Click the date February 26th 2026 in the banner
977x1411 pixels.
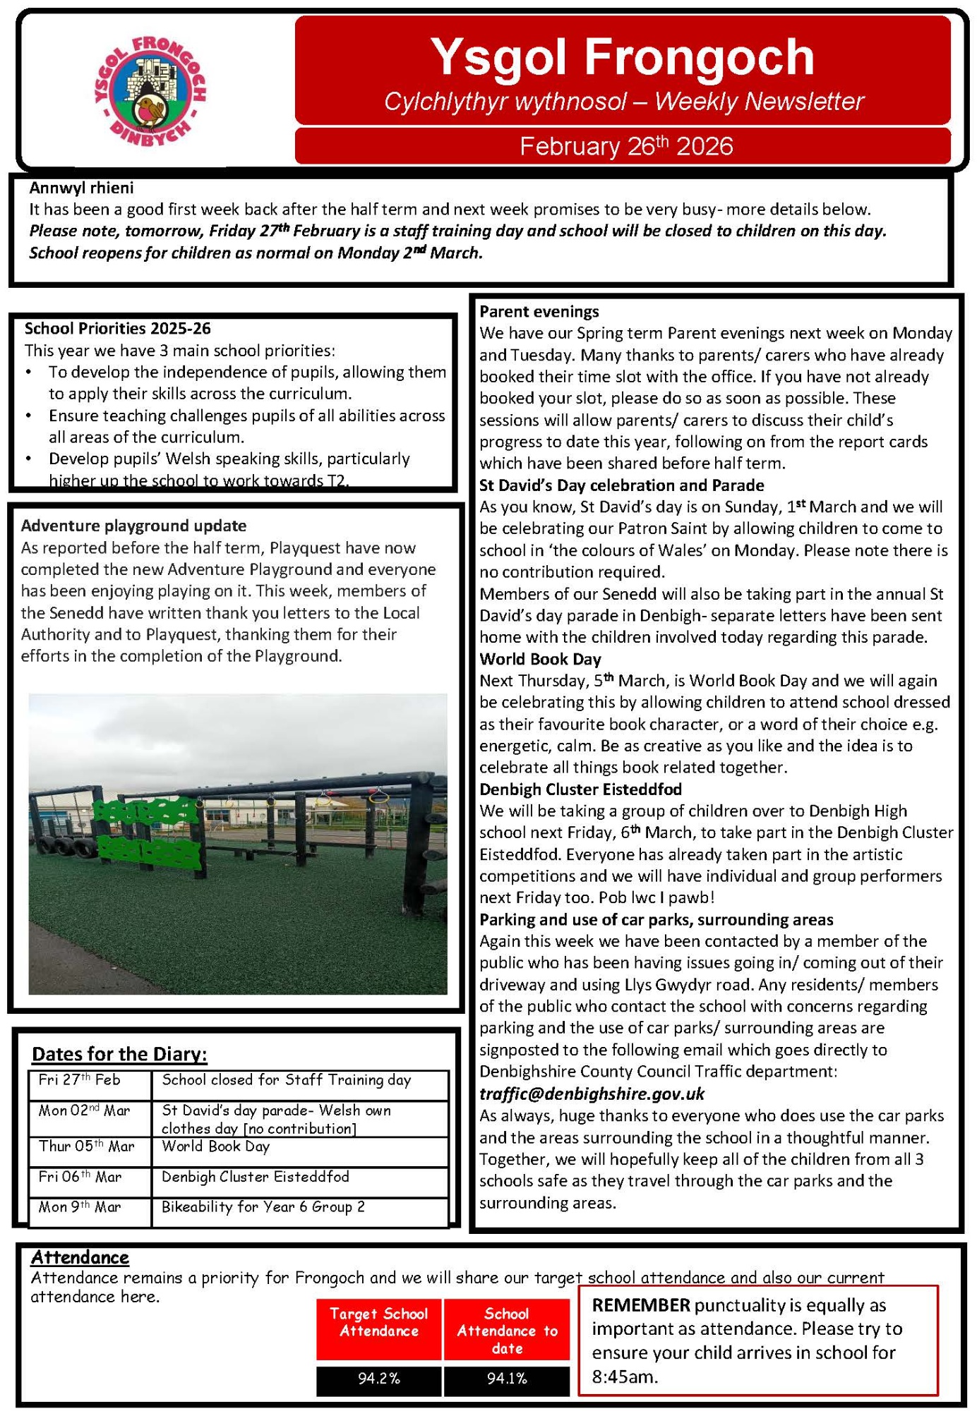click(625, 146)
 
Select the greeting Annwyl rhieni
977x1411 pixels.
click(81, 188)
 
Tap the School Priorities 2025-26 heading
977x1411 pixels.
click(117, 328)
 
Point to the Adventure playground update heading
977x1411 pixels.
click(133, 526)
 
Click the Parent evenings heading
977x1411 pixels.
click(539, 311)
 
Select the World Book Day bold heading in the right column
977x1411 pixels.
click(540, 659)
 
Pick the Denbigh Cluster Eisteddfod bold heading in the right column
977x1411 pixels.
click(580, 789)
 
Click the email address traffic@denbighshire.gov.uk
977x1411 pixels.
click(592, 1094)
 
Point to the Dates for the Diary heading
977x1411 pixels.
click(119, 1054)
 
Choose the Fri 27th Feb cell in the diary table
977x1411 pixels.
click(80, 1080)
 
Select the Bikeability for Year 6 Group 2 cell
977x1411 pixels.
click(263, 1207)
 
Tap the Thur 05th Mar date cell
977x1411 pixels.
click(86, 1146)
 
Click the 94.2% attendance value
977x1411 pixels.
click(378, 1379)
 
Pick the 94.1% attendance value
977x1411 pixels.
click(507, 1379)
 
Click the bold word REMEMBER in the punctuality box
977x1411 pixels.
click(641, 1305)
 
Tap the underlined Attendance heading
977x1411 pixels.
click(80, 1257)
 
